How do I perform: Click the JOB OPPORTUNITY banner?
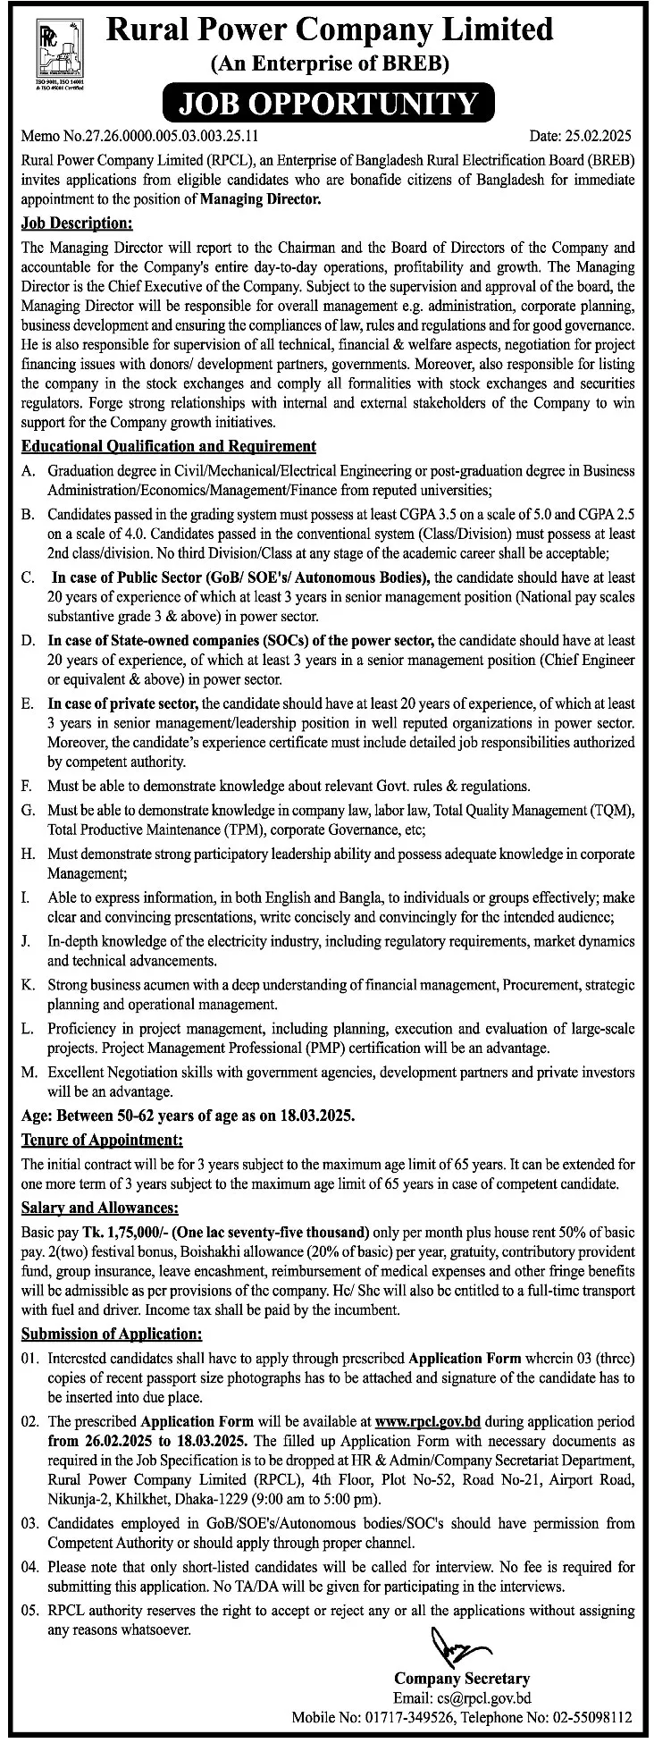point(328,104)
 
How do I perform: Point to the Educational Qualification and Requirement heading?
point(168,445)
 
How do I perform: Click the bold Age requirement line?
point(189,1116)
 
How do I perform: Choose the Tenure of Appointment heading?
point(102,1140)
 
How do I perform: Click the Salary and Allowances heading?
point(99,1208)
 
